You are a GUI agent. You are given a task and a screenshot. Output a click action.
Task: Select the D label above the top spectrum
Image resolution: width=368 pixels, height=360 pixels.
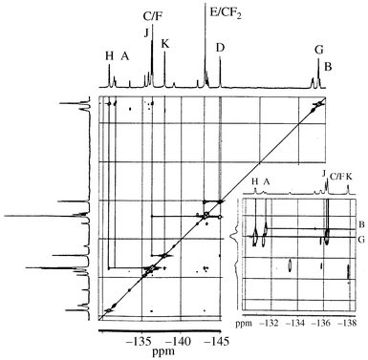(x=221, y=47)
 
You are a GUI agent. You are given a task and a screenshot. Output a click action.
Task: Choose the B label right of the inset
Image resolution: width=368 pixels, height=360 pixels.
(x=361, y=223)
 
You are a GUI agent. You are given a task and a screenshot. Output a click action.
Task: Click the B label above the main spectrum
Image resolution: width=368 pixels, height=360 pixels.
(x=328, y=66)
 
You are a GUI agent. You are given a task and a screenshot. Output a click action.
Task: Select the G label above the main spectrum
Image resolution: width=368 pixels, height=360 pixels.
(x=318, y=49)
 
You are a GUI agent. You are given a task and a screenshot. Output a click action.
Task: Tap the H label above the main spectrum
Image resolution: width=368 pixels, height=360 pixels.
(x=109, y=55)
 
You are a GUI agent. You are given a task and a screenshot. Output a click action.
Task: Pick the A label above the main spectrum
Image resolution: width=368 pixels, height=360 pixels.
(x=124, y=56)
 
